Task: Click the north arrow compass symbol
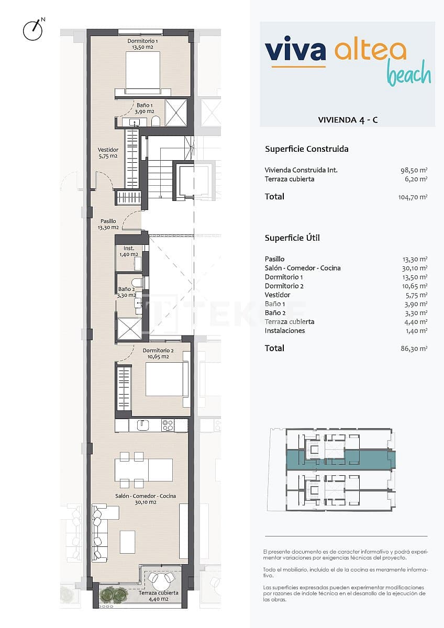pyautogui.click(x=32, y=30)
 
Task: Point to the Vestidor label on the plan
pyautogui.click(x=108, y=153)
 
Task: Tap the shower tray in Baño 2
pyautogui.click(x=129, y=328)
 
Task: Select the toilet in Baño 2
pyautogui.click(x=137, y=283)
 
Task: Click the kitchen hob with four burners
pyautogui.click(x=168, y=425)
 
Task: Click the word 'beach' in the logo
pyautogui.click(x=409, y=75)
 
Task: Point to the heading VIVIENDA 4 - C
pyautogui.click(x=348, y=120)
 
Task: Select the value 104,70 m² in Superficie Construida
pyautogui.click(x=413, y=197)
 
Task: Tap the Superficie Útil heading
pyautogui.click(x=292, y=238)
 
